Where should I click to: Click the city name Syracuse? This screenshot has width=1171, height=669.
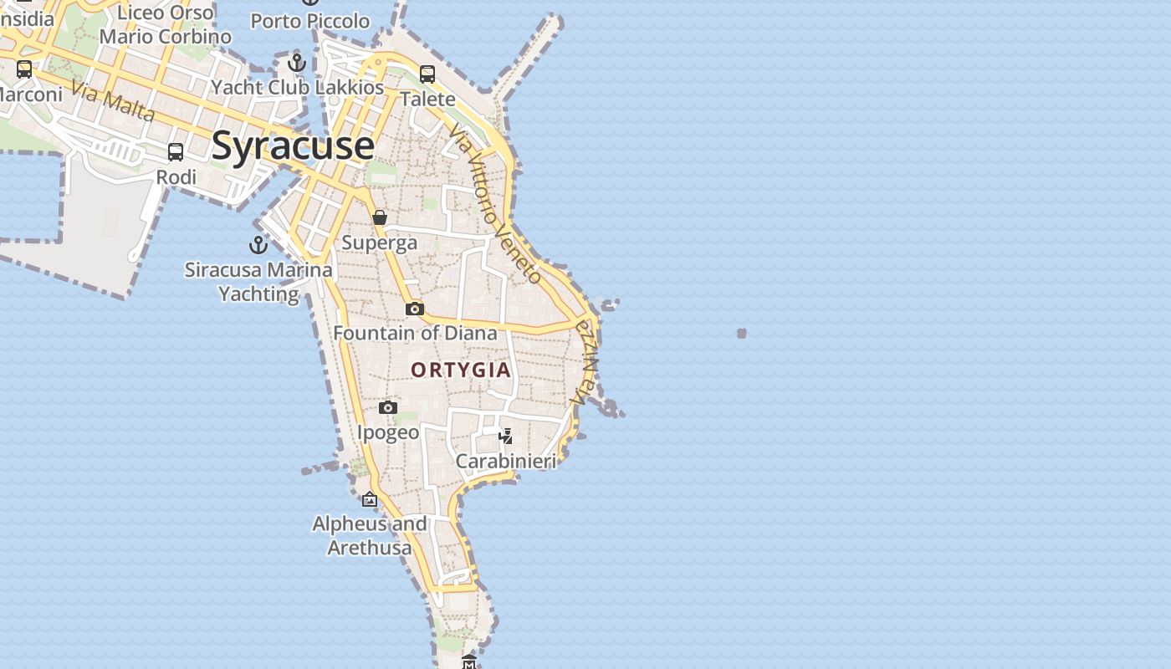(293, 146)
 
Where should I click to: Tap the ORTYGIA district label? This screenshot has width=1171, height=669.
(461, 370)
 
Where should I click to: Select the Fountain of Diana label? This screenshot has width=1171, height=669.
(415, 333)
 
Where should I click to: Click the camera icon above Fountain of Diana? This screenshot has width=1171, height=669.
(415, 309)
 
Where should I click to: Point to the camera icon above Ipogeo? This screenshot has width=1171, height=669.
(388, 407)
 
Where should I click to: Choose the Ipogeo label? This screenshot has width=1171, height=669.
(388, 432)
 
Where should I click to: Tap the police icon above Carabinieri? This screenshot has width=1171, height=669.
(506, 436)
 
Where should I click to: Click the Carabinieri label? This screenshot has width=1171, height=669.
(506, 461)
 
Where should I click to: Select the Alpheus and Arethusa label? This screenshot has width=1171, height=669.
(370, 536)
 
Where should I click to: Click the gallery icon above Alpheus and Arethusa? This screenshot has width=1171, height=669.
(370, 499)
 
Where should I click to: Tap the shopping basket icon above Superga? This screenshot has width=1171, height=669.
(380, 217)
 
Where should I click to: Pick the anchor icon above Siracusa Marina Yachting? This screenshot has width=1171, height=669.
(258, 244)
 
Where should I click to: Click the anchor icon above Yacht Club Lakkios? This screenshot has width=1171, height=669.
(297, 62)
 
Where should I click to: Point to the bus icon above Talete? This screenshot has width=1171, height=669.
(427, 74)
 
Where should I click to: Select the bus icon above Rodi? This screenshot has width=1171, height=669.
(176, 152)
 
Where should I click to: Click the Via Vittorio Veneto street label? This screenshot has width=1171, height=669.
(495, 205)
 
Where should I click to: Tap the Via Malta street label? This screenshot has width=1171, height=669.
(113, 101)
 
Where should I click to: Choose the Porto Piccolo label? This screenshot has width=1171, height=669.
(310, 21)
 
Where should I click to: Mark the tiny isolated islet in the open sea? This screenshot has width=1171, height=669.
(741, 333)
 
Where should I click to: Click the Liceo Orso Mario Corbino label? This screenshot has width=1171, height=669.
(166, 25)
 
